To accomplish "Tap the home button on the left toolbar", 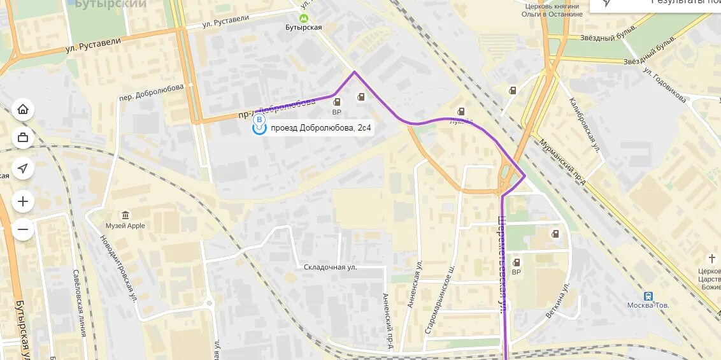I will pos(23,110).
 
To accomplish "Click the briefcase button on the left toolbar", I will pos(23,137).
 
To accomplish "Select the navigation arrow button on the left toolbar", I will pos(23,168).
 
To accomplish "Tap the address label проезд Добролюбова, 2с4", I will pos(320,128).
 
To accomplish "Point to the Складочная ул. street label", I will pos(329,267).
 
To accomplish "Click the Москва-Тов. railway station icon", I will pos(648,296).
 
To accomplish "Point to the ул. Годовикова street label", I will pos(664,85).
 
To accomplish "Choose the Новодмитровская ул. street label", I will pos(119,267).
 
